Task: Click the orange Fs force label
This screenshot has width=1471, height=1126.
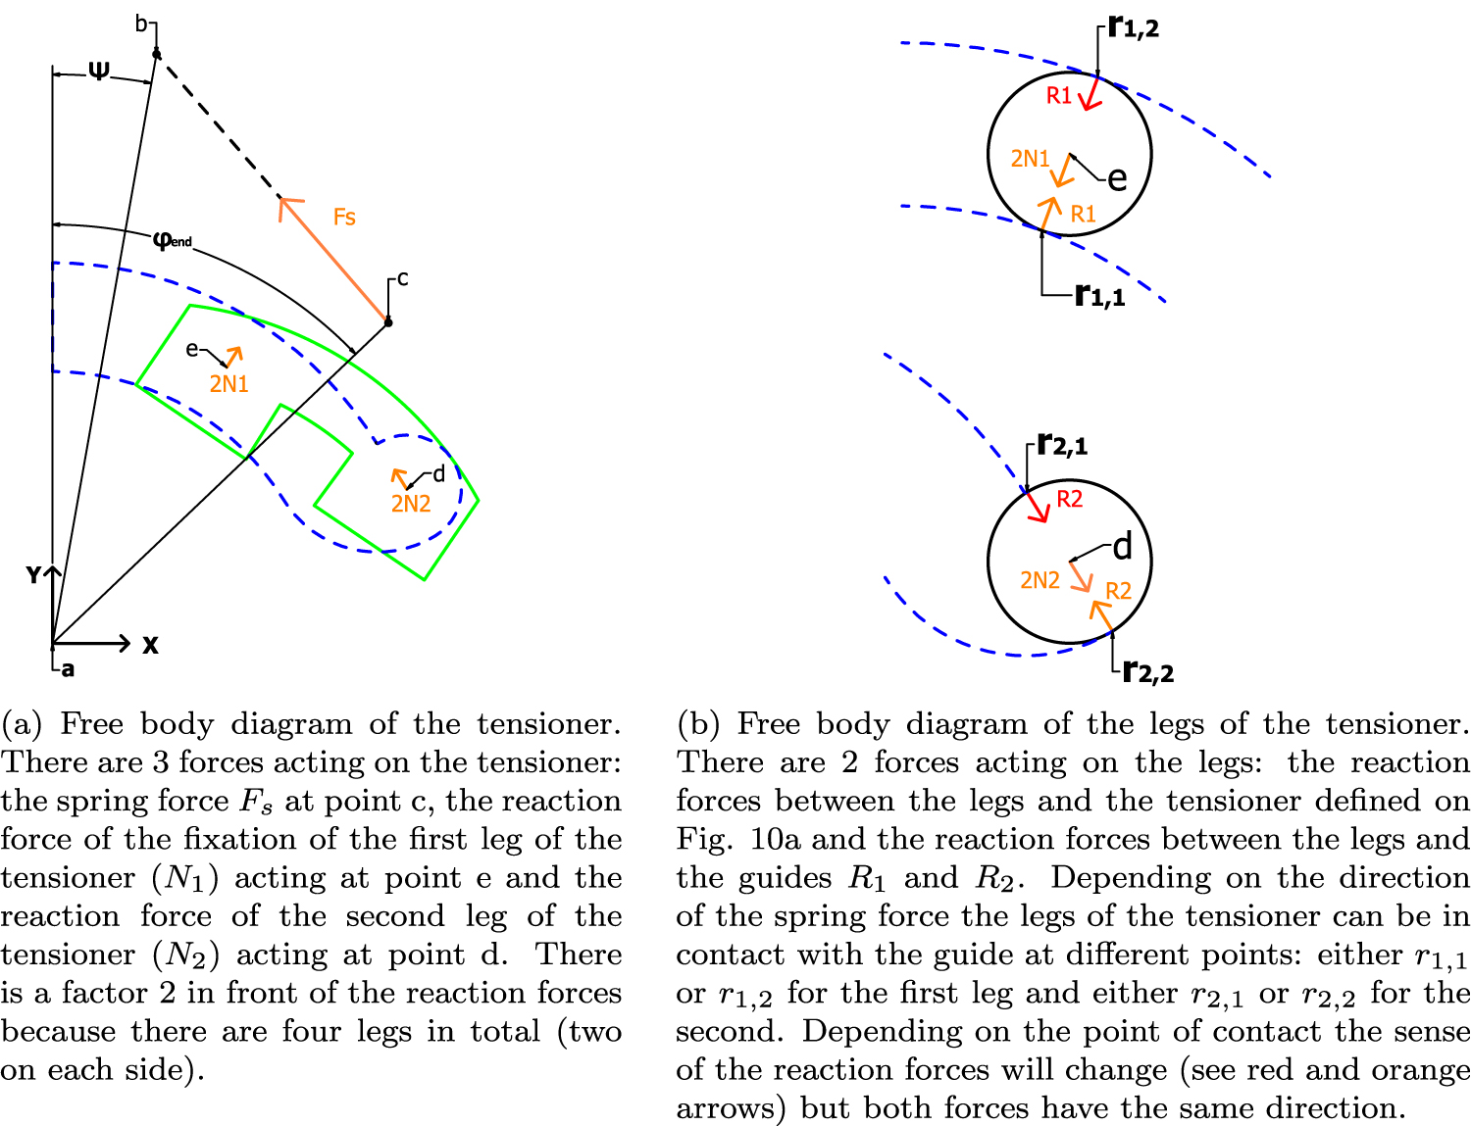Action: [344, 217]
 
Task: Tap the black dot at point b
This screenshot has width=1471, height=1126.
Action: [156, 53]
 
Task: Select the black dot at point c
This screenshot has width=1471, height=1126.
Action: [387, 321]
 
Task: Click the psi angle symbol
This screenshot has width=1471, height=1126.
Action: [99, 71]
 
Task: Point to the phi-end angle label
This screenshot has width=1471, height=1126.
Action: [173, 239]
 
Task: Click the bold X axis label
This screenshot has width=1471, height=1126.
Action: [150, 645]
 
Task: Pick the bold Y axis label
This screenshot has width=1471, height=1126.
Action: [33, 575]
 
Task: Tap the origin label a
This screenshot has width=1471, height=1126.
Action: [68, 670]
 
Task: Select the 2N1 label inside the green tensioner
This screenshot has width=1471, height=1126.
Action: [228, 384]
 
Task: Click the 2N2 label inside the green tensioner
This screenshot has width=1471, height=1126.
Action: [411, 504]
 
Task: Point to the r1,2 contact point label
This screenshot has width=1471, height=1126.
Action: [1134, 27]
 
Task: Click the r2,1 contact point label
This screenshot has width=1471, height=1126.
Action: [1062, 445]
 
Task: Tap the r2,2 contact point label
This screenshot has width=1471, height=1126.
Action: [1147, 671]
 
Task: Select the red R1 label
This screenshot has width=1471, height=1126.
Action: [1059, 95]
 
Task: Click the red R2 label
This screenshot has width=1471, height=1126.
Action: [1069, 499]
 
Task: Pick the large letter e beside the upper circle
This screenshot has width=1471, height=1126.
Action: [1117, 178]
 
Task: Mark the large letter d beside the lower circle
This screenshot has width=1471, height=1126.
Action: [1122, 546]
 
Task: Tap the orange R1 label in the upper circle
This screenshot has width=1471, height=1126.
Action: [1083, 214]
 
